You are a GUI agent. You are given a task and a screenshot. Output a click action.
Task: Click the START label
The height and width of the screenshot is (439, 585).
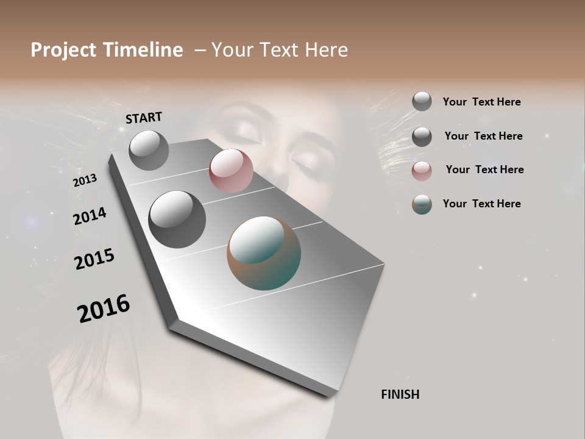pyautogui.click(x=144, y=117)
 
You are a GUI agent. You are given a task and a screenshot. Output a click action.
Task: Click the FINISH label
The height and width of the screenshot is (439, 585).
pyautogui.click(x=400, y=394)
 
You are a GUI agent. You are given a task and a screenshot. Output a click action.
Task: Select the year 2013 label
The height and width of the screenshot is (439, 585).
pyautogui.click(x=85, y=180)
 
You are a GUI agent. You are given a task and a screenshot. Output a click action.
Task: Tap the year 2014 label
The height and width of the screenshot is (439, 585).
pyautogui.click(x=90, y=216)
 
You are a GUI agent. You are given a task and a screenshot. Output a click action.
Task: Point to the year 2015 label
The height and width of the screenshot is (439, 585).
pyautogui.click(x=94, y=259)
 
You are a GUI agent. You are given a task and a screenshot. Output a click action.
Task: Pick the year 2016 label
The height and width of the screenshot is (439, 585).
pyautogui.click(x=104, y=309)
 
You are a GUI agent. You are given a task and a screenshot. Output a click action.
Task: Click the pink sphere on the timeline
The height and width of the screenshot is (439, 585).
pyautogui.click(x=231, y=171)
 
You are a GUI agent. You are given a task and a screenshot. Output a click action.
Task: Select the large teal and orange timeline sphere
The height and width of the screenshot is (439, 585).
pyautogui.click(x=264, y=253)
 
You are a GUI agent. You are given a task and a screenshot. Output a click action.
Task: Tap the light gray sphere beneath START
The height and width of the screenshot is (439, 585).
pyautogui.click(x=149, y=150)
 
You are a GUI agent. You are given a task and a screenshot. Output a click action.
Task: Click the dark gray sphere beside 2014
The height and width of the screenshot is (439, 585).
pyautogui.click(x=177, y=219)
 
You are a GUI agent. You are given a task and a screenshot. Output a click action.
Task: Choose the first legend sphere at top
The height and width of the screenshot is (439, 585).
pyautogui.click(x=422, y=101)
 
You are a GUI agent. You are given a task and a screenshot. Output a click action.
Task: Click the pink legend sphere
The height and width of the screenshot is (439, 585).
pyautogui.click(x=422, y=171)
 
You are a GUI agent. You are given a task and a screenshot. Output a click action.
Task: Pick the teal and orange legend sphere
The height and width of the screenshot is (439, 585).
pyautogui.click(x=422, y=204)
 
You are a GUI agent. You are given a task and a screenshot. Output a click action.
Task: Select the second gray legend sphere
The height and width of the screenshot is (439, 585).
pyautogui.click(x=422, y=136)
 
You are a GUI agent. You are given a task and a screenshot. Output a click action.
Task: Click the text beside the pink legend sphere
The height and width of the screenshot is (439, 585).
pyautogui.click(x=484, y=170)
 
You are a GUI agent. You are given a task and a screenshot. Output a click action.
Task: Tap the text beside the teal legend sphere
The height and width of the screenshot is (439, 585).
pyautogui.click(x=481, y=204)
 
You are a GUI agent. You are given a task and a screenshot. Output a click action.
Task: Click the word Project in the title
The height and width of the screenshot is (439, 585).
pyautogui.click(x=63, y=50)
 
